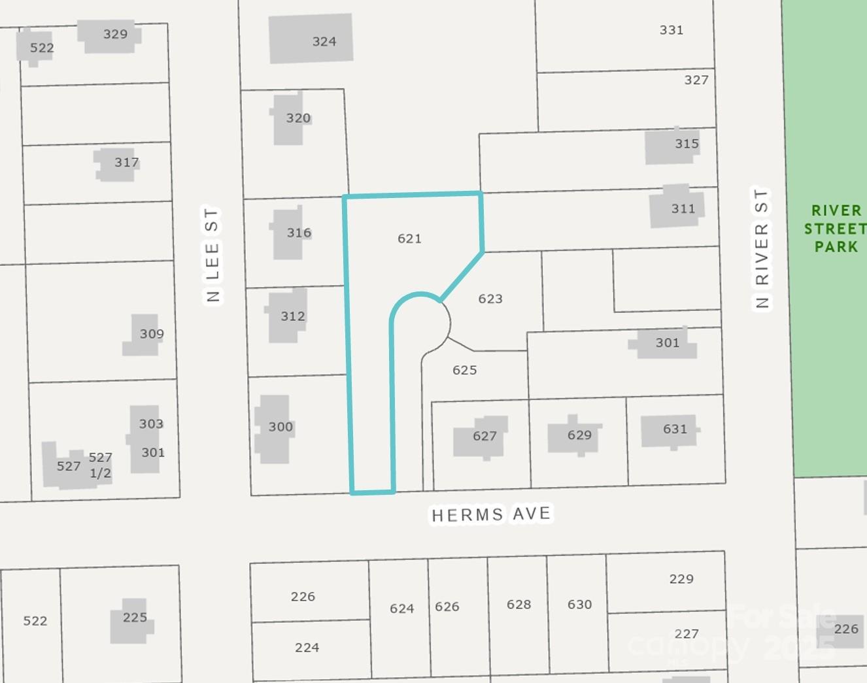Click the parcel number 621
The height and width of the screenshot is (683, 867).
click(x=409, y=239)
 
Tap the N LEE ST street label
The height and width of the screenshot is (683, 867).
click(x=212, y=256)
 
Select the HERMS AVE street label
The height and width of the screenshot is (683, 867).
click(x=491, y=514)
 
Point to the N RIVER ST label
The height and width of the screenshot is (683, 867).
click(x=762, y=248)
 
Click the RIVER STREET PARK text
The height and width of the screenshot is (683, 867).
click(x=835, y=229)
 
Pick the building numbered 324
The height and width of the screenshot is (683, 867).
click(x=311, y=39)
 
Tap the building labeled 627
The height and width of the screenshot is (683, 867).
click(x=481, y=437)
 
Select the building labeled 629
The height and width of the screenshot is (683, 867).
click(x=574, y=435)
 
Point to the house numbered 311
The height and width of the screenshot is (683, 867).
click(x=677, y=208)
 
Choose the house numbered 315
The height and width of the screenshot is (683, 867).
click(x=673, y=146)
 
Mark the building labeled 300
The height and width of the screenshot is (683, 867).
click(x=273, y=428)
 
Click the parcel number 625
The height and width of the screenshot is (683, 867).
click(x=464, y=370)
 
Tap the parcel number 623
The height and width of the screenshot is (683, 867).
click(x=490, y=299)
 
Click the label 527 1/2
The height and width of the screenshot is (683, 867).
click(x=100, y=465)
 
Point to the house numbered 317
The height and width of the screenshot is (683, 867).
click(x=118, y=163)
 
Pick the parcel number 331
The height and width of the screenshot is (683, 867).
click(x=671, y=30)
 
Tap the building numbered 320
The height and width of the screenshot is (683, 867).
click(x=290, y=119)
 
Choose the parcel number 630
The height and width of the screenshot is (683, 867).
click(x=579, y=605)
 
